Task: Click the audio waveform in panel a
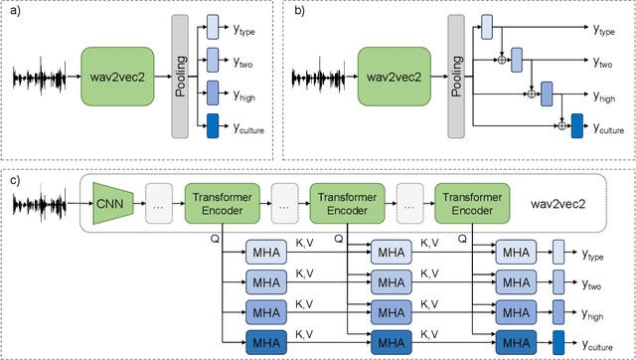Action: point(44,77)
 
